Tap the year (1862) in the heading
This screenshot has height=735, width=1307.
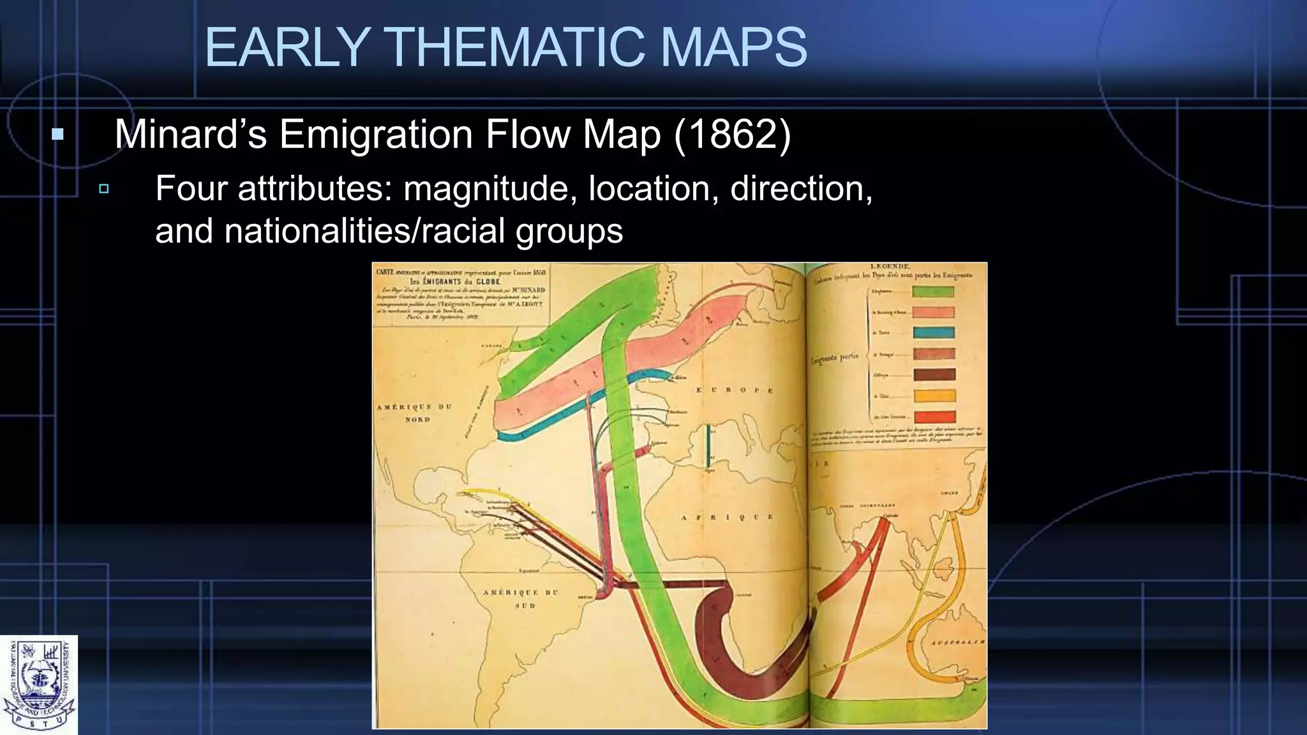point(733,135)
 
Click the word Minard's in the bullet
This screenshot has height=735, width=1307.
point(190,135)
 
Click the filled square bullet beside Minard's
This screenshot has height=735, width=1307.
point(58,135)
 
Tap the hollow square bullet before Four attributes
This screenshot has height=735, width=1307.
point(104,189)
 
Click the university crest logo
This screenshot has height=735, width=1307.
point(39,685)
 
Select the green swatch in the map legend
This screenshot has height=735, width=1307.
point(933,292)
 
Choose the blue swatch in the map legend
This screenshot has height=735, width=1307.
point(933,332)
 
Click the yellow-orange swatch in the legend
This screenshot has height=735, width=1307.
point(934,396)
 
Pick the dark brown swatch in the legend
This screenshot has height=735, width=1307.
point(934,375)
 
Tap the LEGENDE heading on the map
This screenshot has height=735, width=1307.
point(890,266)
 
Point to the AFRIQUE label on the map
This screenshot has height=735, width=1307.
point(727,517)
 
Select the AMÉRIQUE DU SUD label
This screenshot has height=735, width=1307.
point(521,598)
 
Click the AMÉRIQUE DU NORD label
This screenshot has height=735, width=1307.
point(415,413)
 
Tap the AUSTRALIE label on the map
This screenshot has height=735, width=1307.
point(957,642)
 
